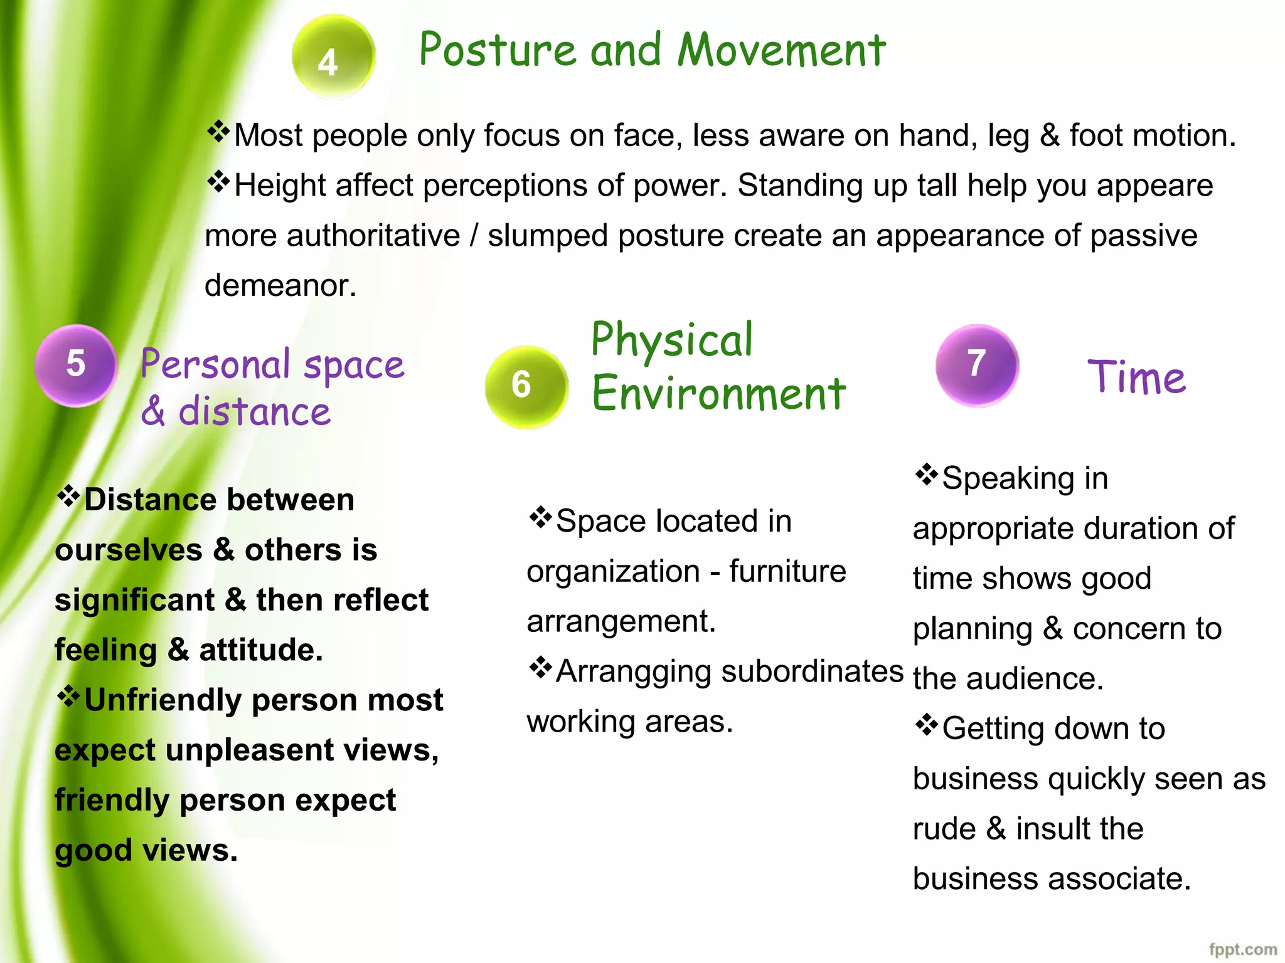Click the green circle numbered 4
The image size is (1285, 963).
tap(333, 56)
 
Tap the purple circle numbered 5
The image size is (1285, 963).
tap(76, 366)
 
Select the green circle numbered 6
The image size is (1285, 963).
tap(526, 386)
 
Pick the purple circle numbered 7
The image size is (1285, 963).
tap(976, 365)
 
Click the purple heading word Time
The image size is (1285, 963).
tap(1136, 377)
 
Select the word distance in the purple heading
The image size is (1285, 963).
tap(254, 412)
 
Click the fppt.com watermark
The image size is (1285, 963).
tap(1242, 949)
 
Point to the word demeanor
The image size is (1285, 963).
tap(280, 286)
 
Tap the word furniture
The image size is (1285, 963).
tap(787, 571)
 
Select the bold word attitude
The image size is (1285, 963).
tap(260, 650)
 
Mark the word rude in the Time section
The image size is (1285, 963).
tap(944, 829)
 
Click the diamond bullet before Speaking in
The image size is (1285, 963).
tap(926, 475)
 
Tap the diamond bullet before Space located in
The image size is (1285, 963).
tap(540, 518)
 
